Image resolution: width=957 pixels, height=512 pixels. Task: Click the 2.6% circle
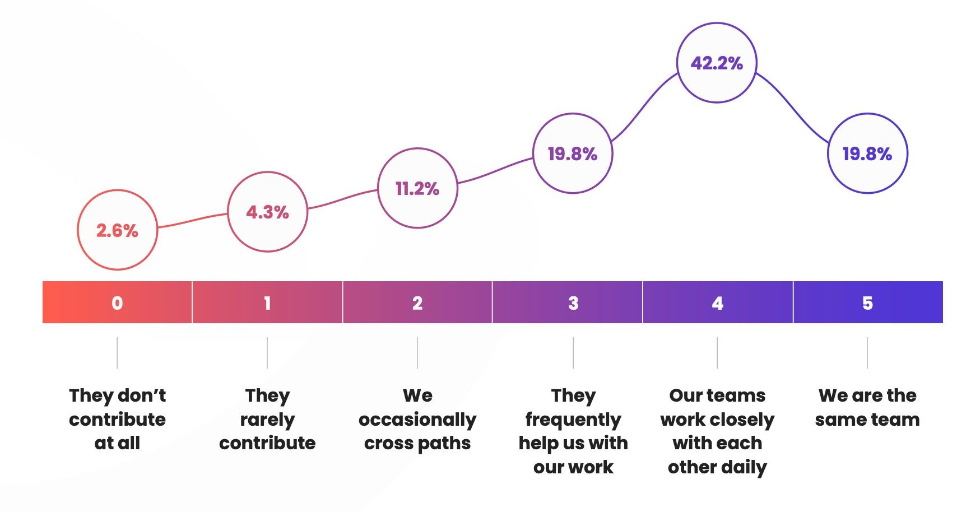click(117, 230)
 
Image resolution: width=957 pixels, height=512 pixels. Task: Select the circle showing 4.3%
click(268, 212)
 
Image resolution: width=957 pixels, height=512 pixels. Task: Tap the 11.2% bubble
click(417, 188)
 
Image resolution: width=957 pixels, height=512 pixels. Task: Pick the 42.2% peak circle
click(717, 63)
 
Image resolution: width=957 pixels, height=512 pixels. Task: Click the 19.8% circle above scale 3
click(573, 153)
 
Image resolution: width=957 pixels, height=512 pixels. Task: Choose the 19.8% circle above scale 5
click(867, 153)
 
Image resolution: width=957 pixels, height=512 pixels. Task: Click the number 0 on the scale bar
click(117, 303)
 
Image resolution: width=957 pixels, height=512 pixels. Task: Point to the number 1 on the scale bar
click(267, 303)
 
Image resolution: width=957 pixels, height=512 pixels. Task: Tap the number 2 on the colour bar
click(417, 303)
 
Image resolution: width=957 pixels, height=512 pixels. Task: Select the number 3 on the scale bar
click(573, 303)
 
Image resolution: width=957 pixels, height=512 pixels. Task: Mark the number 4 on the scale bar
click(717, 303)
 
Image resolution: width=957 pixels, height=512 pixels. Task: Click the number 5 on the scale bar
click(867, 303)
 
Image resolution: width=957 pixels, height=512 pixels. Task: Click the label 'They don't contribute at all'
click(117, 419)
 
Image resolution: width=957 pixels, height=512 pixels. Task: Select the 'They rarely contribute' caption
click(267, 419)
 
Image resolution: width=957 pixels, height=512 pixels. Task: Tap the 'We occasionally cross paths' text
click(417, 419)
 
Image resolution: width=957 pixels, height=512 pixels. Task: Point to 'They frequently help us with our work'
click(573, 431)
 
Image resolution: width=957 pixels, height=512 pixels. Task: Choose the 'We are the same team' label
click(867, 407)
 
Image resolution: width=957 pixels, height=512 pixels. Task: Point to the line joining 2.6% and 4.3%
click(192, 220)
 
